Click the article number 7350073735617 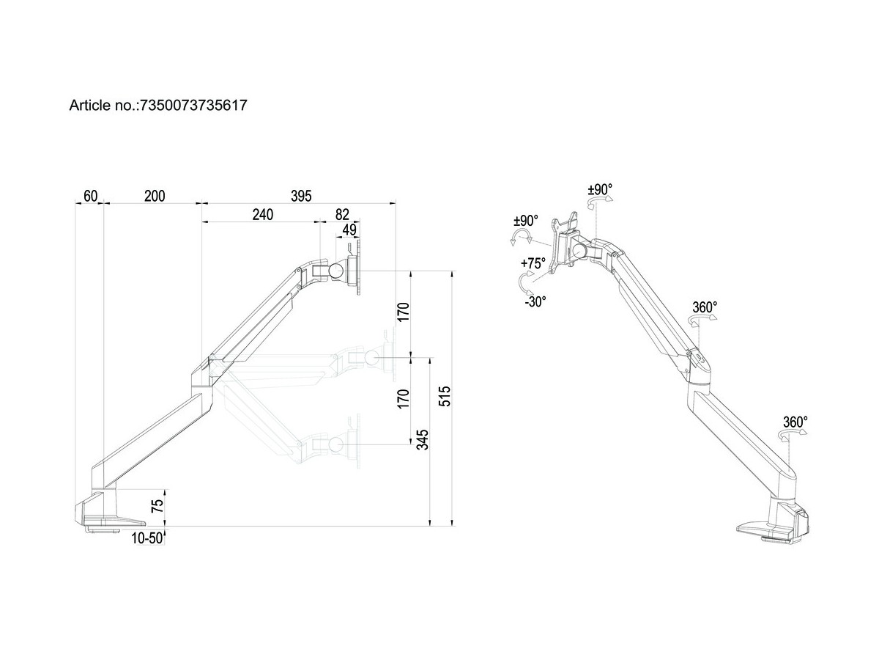pyautogui.click(x=192, y=106)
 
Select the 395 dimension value pyautogui.click(x=301, y=196)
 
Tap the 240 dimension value pyautogui.click(x=262, y=215)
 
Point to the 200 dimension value pyautogui.click(x=155, y=196)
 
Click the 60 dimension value pyautogui.click(x=91, y=196)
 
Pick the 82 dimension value pyautogui.click(x=342, y=215)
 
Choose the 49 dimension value pyautogui.click(x=349, y=230)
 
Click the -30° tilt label pyautogui.click(x=535, y=301)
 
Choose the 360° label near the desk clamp pyautogui.click(x=795, y=422)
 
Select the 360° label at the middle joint pyautogui.click(x=705, y=307)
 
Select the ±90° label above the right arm pyautogui.click(x=600, y=189)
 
